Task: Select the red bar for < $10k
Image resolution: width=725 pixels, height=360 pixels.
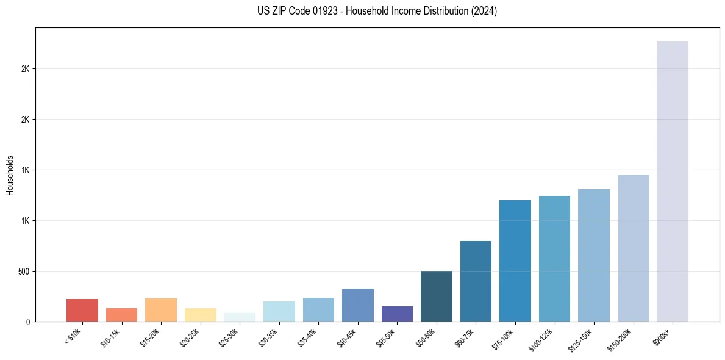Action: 82,310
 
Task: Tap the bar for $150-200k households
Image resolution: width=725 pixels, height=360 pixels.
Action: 633,248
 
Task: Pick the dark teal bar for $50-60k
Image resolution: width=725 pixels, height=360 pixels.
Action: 437,296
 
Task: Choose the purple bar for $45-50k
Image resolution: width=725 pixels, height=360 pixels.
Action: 397,314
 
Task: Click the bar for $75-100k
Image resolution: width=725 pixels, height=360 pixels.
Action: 515,261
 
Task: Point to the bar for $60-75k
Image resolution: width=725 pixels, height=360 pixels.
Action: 476,281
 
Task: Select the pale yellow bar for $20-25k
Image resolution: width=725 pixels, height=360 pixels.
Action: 201,315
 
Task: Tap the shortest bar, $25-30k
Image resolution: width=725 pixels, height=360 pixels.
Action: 240,317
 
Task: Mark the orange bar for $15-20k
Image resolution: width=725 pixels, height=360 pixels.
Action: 161,310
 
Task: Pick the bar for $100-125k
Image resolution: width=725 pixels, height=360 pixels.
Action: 554,259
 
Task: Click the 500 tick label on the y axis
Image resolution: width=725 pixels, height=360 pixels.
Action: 24,271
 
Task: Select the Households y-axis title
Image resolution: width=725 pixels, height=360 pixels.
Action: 10,175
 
